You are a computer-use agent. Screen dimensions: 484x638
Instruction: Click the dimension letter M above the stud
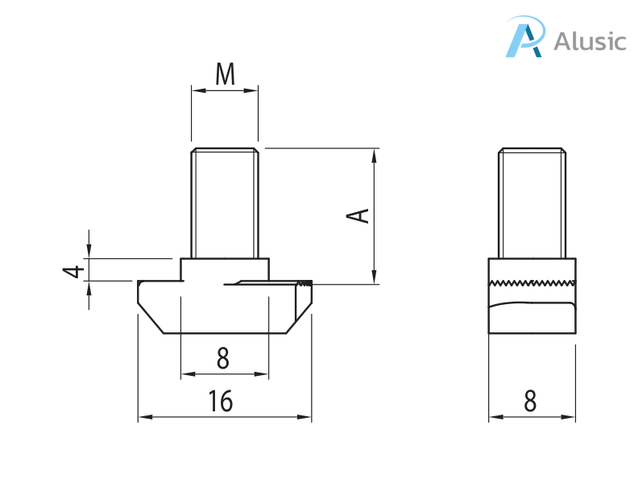(225, 74)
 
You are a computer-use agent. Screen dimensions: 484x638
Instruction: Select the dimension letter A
(358, 215)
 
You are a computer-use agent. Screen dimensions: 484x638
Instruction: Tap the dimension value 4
(73, 270)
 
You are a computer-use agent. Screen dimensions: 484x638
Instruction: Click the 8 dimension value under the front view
(223, 358)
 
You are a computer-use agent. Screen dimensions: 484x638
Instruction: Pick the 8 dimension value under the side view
(530, 401)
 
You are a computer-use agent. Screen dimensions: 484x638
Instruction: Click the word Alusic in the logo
(590, 41)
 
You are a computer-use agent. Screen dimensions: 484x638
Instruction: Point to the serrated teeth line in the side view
(532, 282)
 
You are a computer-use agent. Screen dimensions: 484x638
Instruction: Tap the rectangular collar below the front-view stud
(224, 269)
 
